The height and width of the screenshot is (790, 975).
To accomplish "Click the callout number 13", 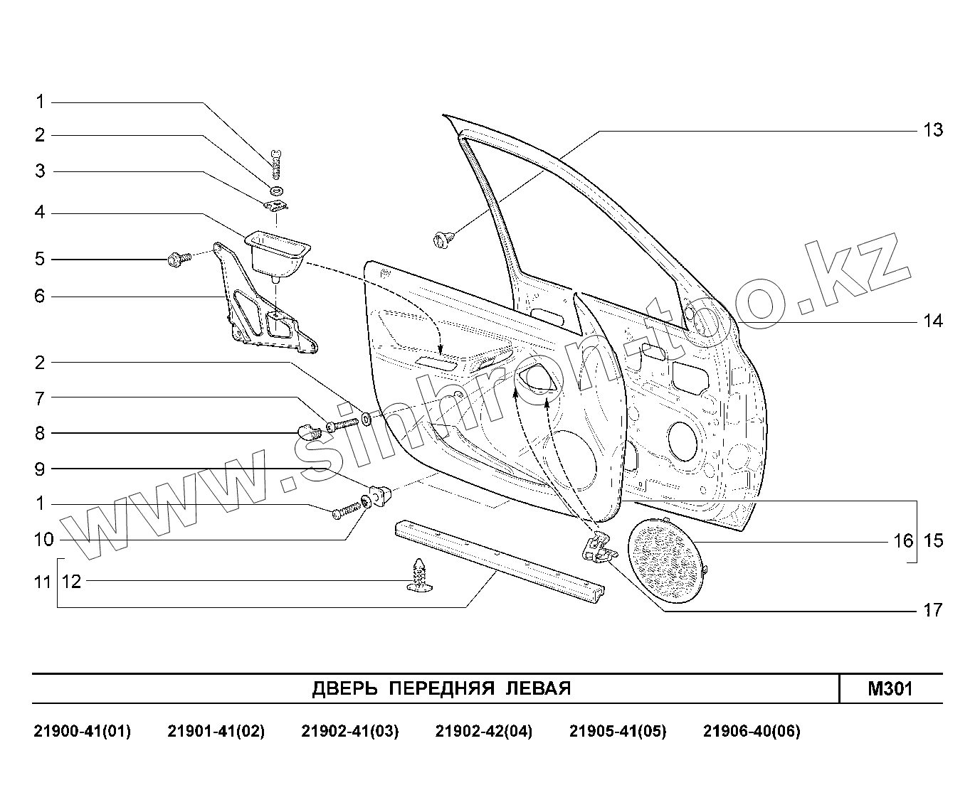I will pyautogui.click(x=932, y=130).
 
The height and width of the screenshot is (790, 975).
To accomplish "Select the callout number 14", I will pyautogui.click(x=932, y=321).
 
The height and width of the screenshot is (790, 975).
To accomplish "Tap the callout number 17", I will pyautogui.click(x=932, y=610).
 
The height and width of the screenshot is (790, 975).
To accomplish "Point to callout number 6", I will pyautogui.click(x=40, y=296).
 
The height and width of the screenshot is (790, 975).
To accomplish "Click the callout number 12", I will pyautogui.click(x=72, y=582).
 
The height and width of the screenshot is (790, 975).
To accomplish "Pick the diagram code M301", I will pyautogui.click(x=890, y=688).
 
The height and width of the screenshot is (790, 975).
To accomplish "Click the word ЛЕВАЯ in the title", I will pyautogui.click(x=538, y=688).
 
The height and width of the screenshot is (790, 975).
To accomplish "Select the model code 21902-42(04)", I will pyautogui.click(x=483, y=731).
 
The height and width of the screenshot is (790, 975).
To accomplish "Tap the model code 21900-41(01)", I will pyautogui.click(x=83, y=731).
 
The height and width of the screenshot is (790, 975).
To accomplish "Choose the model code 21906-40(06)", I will pyautogui.click(x=751, y=731).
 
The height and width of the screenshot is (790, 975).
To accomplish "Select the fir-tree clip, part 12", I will pyautogui.click(x=421, y=575).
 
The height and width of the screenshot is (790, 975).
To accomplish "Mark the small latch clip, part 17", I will pyautogui.click(x=598, y=548).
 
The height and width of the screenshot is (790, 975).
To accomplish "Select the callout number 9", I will pyautogui.click(x=40, y=469).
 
